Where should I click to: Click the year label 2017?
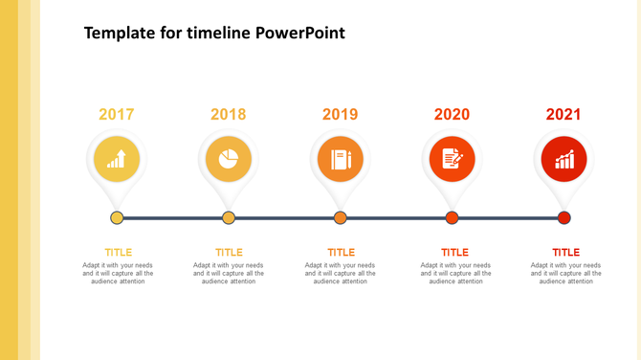click(117, 115)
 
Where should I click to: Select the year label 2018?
click(229, 115)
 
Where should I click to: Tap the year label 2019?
click(340, 115)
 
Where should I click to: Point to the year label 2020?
click(452, 115)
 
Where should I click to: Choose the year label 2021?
click(564, 115)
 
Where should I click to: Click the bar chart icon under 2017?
click(117, 159)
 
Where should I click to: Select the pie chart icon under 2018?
click(229, 159)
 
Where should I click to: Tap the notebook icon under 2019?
click(341, 159)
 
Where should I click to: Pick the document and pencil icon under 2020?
click(453, 159)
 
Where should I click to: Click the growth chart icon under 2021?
click(564, 159)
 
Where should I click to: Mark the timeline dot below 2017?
click(117, 218)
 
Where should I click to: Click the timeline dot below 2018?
click(229, 218)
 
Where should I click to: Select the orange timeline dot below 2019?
click(341, 218)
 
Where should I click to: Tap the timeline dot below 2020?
click(453, 218)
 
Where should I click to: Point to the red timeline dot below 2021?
click(564, 218)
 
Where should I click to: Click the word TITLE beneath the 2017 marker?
click(119, 253)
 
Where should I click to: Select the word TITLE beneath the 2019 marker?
click(341, 253)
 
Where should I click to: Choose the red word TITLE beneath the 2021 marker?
click(566, 253)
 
